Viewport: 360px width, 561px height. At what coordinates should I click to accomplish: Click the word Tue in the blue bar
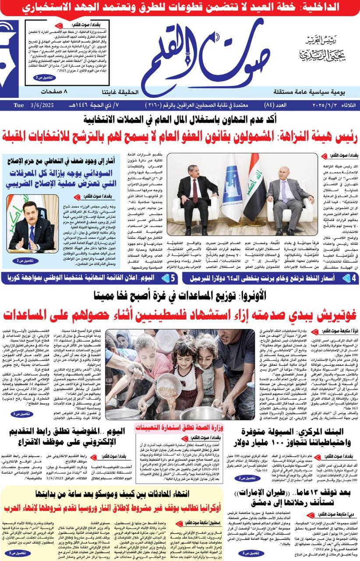(19, 105)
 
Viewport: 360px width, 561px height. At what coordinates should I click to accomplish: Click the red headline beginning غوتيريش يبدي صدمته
(180, 314)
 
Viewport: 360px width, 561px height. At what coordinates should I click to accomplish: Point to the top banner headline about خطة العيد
(180, 7)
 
